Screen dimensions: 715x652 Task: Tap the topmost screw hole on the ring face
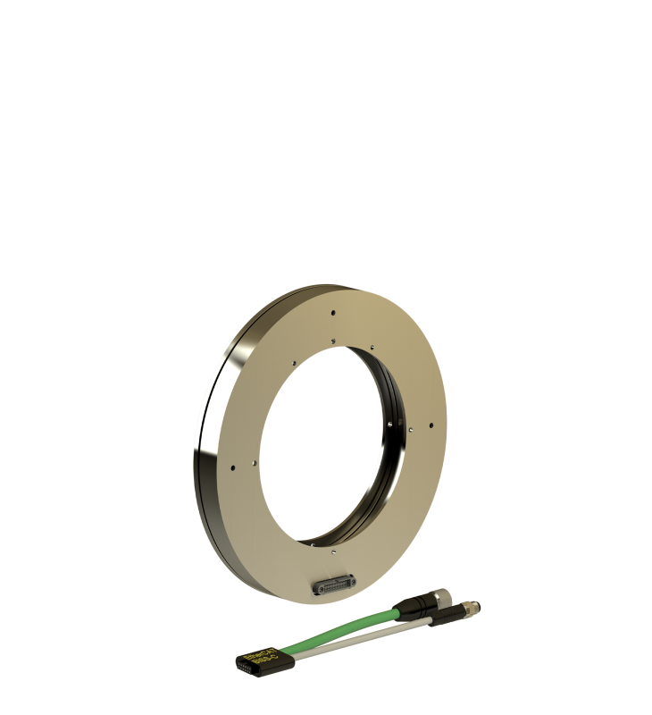point(332,313)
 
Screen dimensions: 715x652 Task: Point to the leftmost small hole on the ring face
point(232,465)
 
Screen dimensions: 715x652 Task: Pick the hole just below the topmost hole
point(332,339)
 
